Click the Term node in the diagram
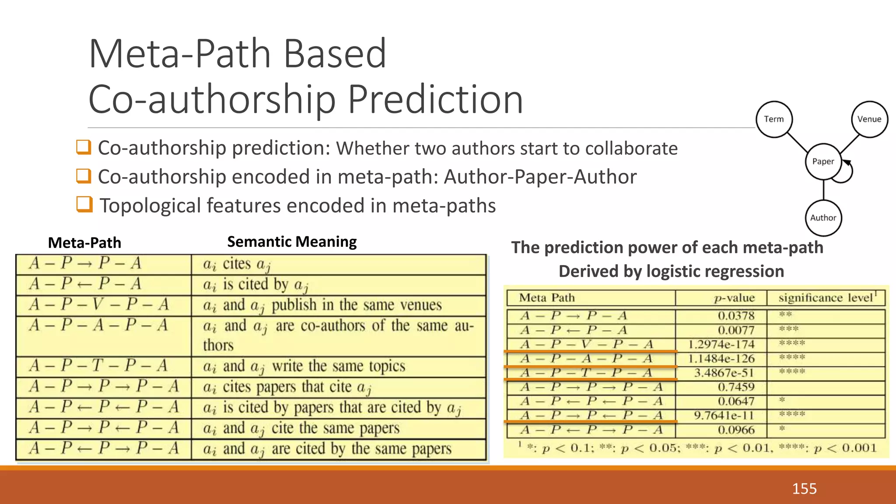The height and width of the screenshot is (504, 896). pos(774,119)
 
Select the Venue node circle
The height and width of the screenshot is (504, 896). pos(869,119)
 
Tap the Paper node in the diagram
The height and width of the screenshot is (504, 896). pos(823,161)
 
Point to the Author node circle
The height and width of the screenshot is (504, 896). pos(823,218)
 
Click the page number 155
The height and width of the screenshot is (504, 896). pos(804,488)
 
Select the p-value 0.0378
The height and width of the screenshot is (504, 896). pos(736,315)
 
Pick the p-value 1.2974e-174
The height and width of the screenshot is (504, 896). pos(721,344)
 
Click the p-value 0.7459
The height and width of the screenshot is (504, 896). pos(736,387)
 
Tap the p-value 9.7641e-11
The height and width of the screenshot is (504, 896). pos(724,415)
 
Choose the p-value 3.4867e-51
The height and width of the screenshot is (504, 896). pos(724,373)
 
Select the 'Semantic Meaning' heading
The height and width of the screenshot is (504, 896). pos(292,241)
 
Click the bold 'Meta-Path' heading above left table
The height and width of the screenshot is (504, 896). pos(84,243)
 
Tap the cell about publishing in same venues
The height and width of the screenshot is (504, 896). pos(322,305)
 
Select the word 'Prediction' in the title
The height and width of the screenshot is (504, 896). pos(435,100)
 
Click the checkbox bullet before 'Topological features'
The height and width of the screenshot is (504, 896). pos(84,204)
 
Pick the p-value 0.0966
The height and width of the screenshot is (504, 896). pos(736,430)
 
